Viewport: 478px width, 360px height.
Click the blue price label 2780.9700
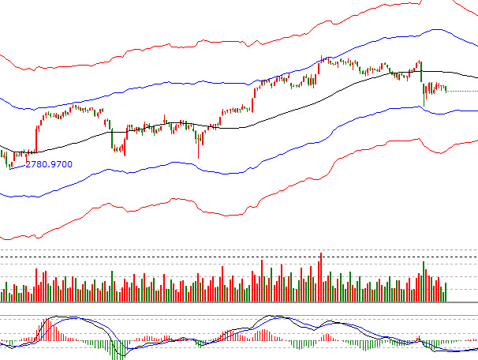[x=49, y=164]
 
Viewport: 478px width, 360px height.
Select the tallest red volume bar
[x=321, y=276]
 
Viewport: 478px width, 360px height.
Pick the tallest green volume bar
[x=424, y=281]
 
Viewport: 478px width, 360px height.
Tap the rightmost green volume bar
[x=446, y=292]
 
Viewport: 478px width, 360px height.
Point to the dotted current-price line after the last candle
[x=461, y=91]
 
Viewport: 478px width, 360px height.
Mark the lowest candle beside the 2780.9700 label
[x=9, y=164]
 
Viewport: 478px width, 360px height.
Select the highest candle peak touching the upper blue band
[x=322, y=58]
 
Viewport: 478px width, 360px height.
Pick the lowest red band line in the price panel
[x=237, y=212]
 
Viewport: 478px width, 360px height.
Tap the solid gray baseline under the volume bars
[x=237, y=302]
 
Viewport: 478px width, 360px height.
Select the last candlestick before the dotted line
[x=446, y=89]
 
